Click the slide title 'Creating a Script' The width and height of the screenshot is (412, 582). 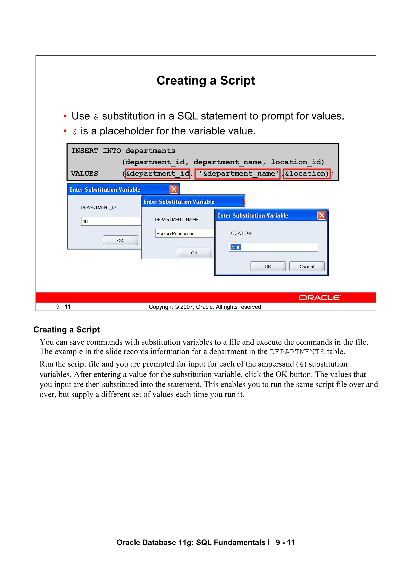point(206,81)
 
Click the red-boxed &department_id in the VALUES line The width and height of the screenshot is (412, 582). point(158,174)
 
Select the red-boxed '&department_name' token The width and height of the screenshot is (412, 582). point(237,174)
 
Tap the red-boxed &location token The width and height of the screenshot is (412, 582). point(306,174)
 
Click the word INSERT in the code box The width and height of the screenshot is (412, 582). point(84,151)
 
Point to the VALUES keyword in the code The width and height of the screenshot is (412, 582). point(84,174)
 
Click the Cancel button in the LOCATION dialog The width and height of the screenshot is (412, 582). point(307,266)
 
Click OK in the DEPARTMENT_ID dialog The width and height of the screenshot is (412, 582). point(120,240)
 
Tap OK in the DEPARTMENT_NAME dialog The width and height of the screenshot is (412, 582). point(194,253)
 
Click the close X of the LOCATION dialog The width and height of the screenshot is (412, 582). point(322,215)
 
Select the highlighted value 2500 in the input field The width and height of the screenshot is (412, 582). point(235,247)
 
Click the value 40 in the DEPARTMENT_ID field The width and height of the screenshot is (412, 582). point(85,221)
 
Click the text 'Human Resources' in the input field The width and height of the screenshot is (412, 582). point(175,233)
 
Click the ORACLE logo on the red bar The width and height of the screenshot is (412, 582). point(319,298)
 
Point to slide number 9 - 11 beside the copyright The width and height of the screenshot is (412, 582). point(63,307)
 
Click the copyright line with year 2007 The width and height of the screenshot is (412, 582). point(206,307)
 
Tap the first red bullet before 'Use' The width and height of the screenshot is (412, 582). point(65,116)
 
